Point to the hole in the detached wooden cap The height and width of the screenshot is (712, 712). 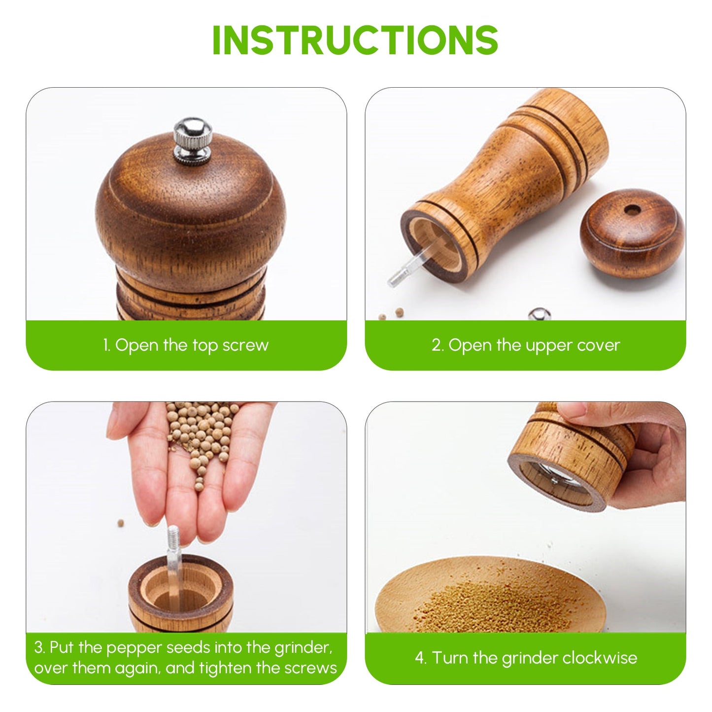click(x=632, y=210)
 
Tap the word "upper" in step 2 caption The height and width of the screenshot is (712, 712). click(x=548, y=345)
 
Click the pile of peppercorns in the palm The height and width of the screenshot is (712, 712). click(x=202, y=429)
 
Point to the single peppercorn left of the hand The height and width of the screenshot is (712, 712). click(x=121, y=522)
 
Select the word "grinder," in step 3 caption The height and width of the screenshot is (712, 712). click(x=304, y=647)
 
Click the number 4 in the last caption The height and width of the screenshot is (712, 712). click(x=420, y=658)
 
